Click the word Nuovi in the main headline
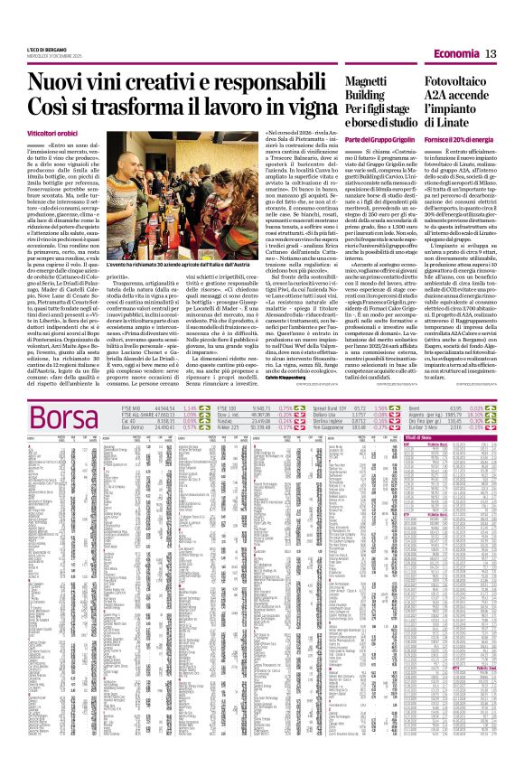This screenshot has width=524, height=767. tap(64, 83)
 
